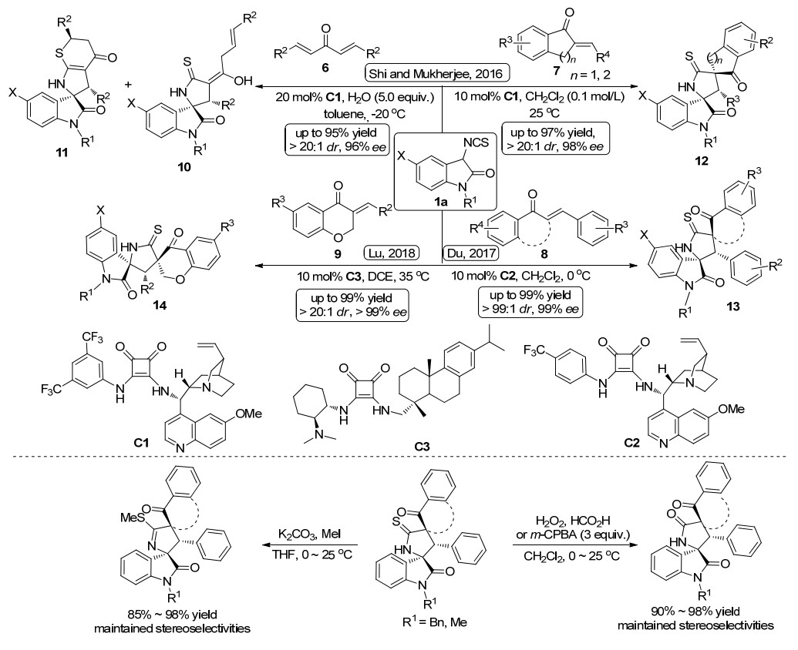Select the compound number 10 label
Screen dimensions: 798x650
click(x=184, y=166)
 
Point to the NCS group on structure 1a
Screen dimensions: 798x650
click(x=476, y=142)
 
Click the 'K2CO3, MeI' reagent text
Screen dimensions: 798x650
click(x=309, y=534)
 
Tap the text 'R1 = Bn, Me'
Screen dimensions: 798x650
click(x=432, y=622)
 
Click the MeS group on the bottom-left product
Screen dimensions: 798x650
click(x=130, y=518)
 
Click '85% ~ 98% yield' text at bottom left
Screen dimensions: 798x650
click(x=171, y=613)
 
